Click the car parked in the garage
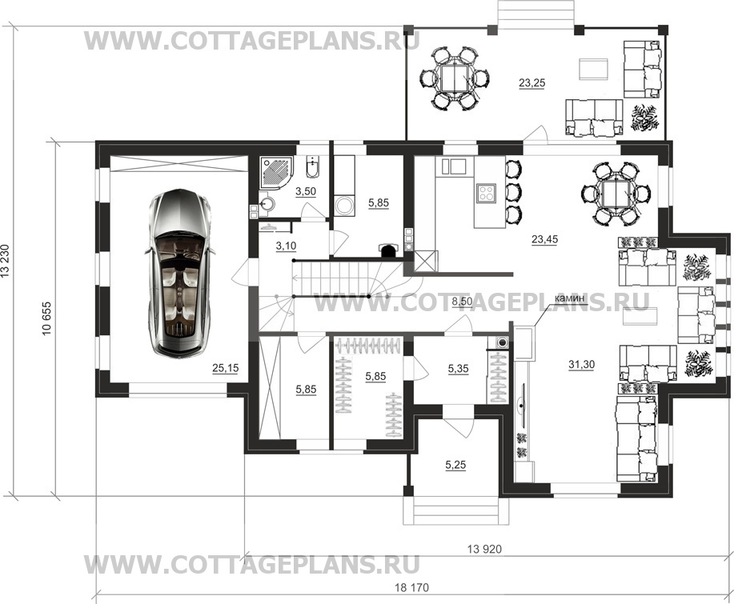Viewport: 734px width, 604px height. [x=180, y=272]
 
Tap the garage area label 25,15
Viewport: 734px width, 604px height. [x=225, y=368]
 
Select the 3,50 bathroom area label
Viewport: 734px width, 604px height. [x=306, y=191]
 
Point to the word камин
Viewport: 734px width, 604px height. [x=569, y=298]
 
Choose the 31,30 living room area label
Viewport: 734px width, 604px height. [x=581, y=365]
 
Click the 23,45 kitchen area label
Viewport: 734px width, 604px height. [x=545, y=239]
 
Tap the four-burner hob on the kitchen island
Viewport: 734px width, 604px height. [x=486, y=193]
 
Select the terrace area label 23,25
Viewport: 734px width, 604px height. [x=531, y=83]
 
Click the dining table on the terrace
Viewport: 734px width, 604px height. [x=455, y=78]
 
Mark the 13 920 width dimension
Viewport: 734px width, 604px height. [x=484, y=549]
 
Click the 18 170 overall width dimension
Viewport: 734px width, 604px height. [x=411, y=587]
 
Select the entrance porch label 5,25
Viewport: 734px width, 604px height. [x=455, y=466]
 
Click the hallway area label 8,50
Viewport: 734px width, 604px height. [x=462, y=302]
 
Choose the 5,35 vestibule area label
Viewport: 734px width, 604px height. [x=459, y=369]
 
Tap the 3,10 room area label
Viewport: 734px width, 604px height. [x=286, y=246]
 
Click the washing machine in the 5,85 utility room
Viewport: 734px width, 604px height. [x=346, y=206]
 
